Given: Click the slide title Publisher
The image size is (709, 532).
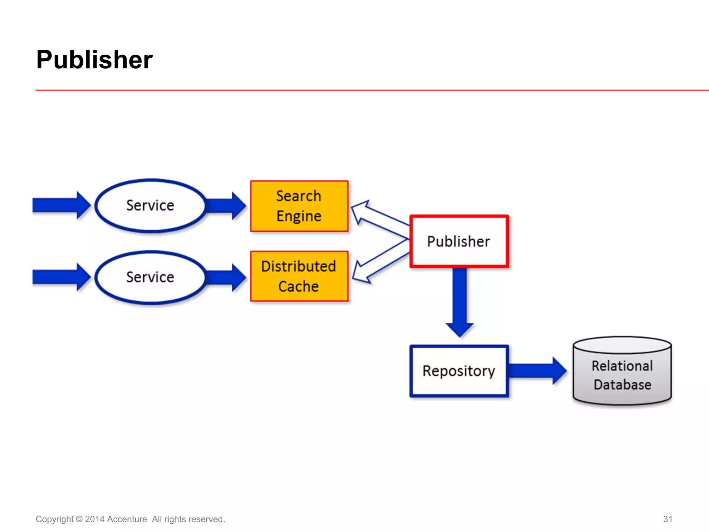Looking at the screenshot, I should pyautogui.click(x=94, y=60).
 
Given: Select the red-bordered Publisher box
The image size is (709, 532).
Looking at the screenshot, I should pyautogui.click(x=459, y=241).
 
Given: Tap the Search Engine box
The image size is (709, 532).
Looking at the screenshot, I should pyautogui.click(x=299, y=206).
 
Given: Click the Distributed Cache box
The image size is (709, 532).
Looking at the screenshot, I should pyautogui.click(x=299, y=276).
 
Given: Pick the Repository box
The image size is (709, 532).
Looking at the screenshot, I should pyautogui.click(x=459, y=371).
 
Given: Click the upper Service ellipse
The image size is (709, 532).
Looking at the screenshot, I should pyautogui.click(x=150, y=206).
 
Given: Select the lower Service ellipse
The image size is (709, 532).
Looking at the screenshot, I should pyautogui.click(x=150, y=277).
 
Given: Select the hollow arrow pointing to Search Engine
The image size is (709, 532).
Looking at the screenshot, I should pyautogui.click(x=377, y=216).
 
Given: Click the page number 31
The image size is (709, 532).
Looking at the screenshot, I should pyautogui.click(x=667, y=519).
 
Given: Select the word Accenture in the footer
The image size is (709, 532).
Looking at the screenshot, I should pyautogui.click(x=127, y=519).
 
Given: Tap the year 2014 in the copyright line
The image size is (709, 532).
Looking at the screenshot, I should pyautogui.click(x=95, y=519).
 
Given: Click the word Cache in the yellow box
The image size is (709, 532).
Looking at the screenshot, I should pyautogui.click(x=298, y=287).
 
